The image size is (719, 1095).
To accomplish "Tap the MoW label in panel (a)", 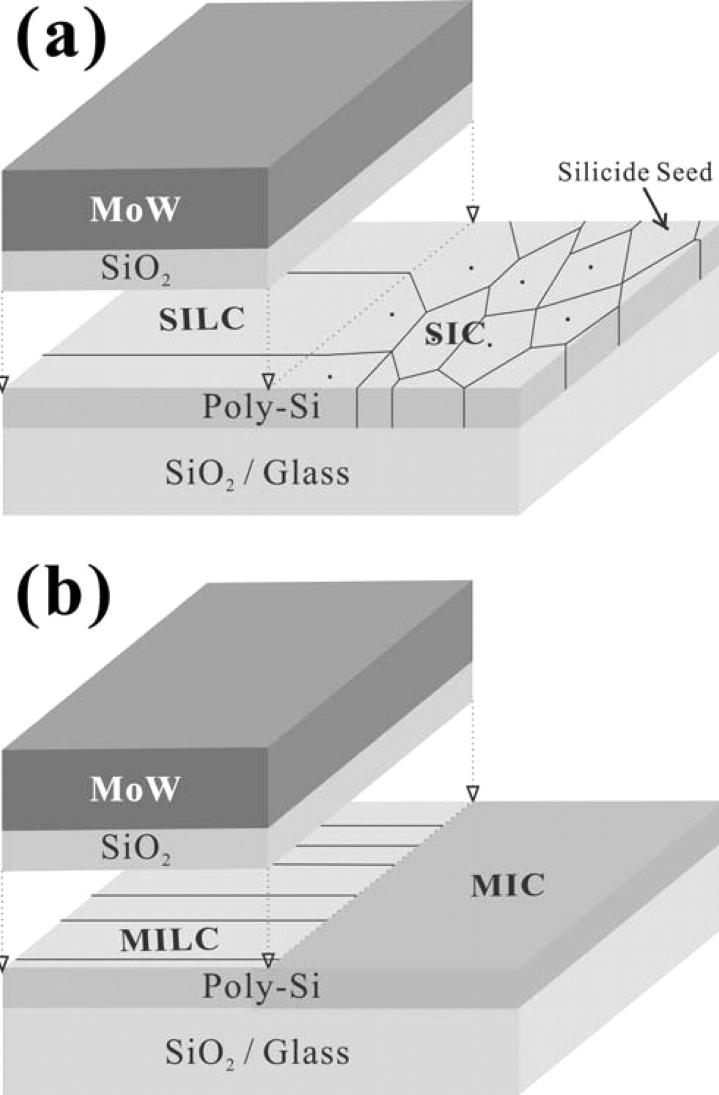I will pyautogui.click(x=135, y=210).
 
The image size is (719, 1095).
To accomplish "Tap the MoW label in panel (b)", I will pyautogui.click(x=135, y=789).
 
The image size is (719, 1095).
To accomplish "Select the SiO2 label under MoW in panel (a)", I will pyautogui.click(x=135, y=269).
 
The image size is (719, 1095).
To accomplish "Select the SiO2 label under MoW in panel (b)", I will pyautogui.click(x=135, y=848).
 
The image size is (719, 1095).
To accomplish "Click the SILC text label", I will pyautogui.click(x=202, y=319).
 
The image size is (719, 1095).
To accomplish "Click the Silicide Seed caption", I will pyautogui.click(x=634, y=172).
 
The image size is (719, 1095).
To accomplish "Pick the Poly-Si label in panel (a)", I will pyautogui.click(x=261, y=406).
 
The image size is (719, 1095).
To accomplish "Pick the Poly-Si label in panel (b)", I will pyautogui.click(x=261, y=985).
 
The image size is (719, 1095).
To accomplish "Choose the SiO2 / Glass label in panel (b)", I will pyautogui.click(x=257, y=1052).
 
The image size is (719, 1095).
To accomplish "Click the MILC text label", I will pyautogui.click(x=169, y=940).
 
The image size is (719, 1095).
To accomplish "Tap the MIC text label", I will pyautogui.click(x=507, y=886).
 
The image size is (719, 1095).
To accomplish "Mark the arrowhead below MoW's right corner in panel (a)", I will pyautogui.click(x=472, y=214).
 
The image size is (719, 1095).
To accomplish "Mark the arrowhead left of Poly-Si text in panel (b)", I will pyautogui.click(x=268, y=960).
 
